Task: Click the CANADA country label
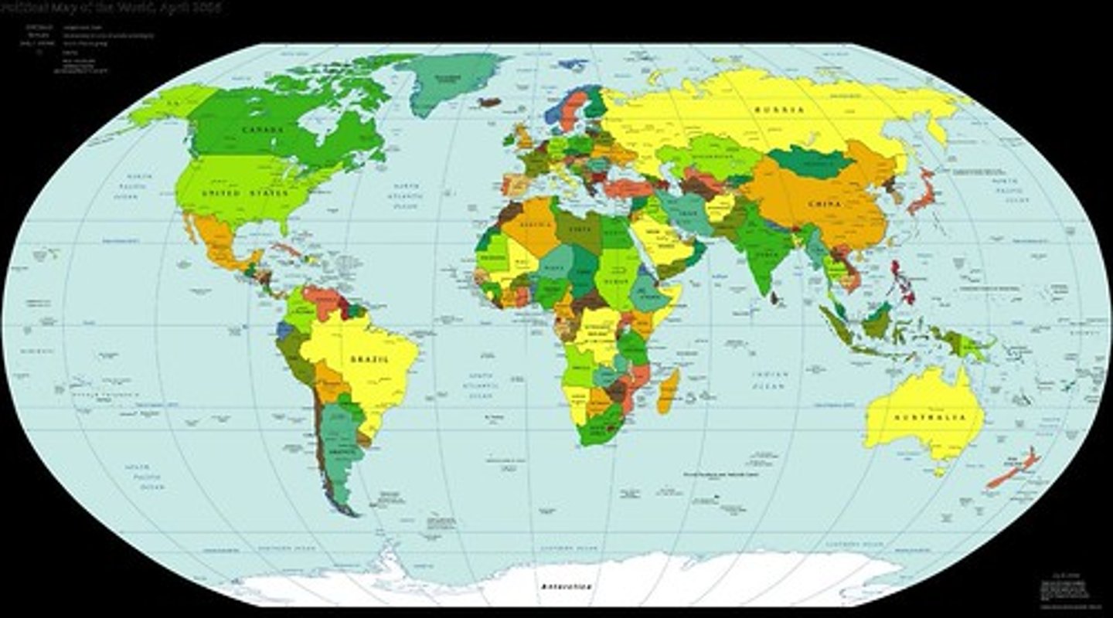point(263,130)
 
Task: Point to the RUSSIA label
point(779,110)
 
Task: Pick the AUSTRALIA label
point(930,418)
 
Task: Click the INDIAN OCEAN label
point(772,379)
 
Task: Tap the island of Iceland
point(488,101)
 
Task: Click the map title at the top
point(111,8)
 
